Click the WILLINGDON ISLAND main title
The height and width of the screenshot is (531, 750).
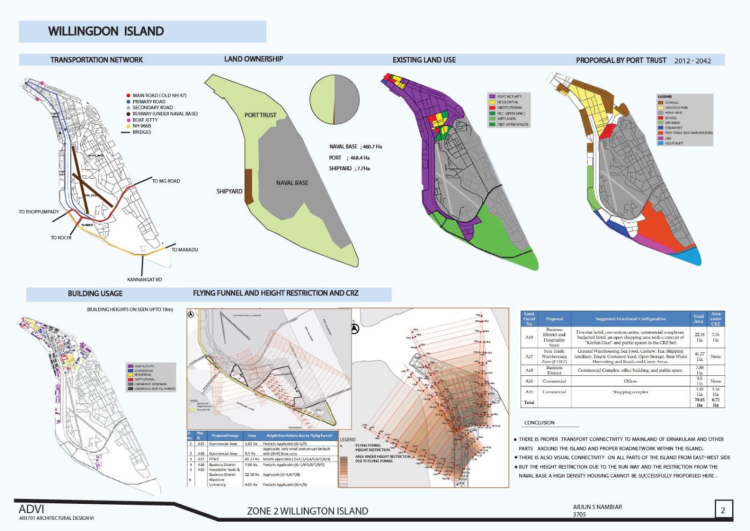pos(106,31)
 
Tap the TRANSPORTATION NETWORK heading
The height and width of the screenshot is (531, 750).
pos(97,60)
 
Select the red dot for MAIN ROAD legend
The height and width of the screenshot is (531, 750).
pos(128,95)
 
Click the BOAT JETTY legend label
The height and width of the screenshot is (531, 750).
pos(145,120)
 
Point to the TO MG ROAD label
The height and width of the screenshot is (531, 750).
pos(166,181)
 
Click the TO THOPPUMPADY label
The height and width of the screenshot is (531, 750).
pos(39,212)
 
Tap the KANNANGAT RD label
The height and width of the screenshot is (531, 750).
pos(144,280)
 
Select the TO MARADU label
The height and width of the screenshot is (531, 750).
pos(185,250)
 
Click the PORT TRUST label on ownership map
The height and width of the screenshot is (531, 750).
pos(260,115)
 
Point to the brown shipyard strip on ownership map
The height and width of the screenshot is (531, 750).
pos(248,186)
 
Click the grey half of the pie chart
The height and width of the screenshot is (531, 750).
pos(347,99)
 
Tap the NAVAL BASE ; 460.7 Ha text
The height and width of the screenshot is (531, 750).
pos(355,147)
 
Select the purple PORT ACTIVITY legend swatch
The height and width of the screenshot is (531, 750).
pos(492,97)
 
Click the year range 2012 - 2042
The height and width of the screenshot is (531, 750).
pos(692,61)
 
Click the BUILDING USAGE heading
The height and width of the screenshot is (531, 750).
pos(95,294)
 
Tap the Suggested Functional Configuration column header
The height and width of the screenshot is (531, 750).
pos(630,319)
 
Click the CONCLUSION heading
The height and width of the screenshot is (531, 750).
pos(539,423)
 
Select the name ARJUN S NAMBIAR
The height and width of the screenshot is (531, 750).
pos(597,507)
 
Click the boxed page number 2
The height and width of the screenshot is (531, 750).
pos(723,510)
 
